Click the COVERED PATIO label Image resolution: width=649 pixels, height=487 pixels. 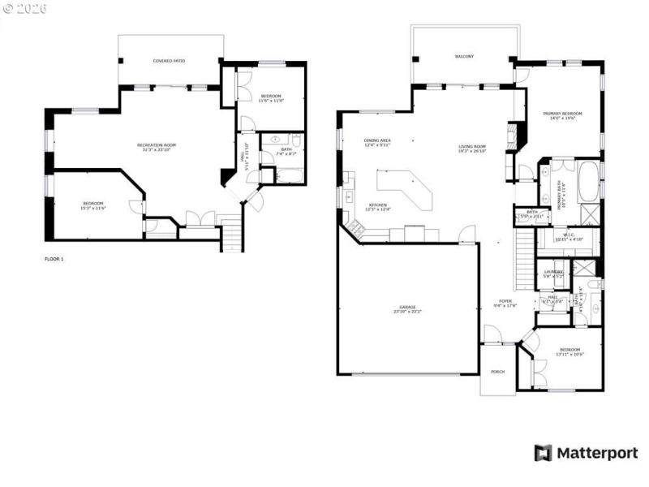(x=168, y=61)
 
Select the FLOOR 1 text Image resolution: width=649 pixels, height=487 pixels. (x=54, y=259)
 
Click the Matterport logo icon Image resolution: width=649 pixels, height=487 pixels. (x=543, y=453)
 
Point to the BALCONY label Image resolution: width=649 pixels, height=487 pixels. (x=464, y=56)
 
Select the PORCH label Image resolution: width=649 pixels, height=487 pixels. (x=498, y=371)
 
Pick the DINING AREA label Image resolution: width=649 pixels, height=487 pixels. (x=378, y=143)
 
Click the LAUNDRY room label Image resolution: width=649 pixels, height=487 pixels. (x=553, y=274)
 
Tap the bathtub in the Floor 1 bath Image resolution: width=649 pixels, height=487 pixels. (x=289, y=173)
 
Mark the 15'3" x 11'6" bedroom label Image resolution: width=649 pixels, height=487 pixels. (x=94, y=205)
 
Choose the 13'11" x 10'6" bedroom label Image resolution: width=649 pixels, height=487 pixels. (x=570, y=352)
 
